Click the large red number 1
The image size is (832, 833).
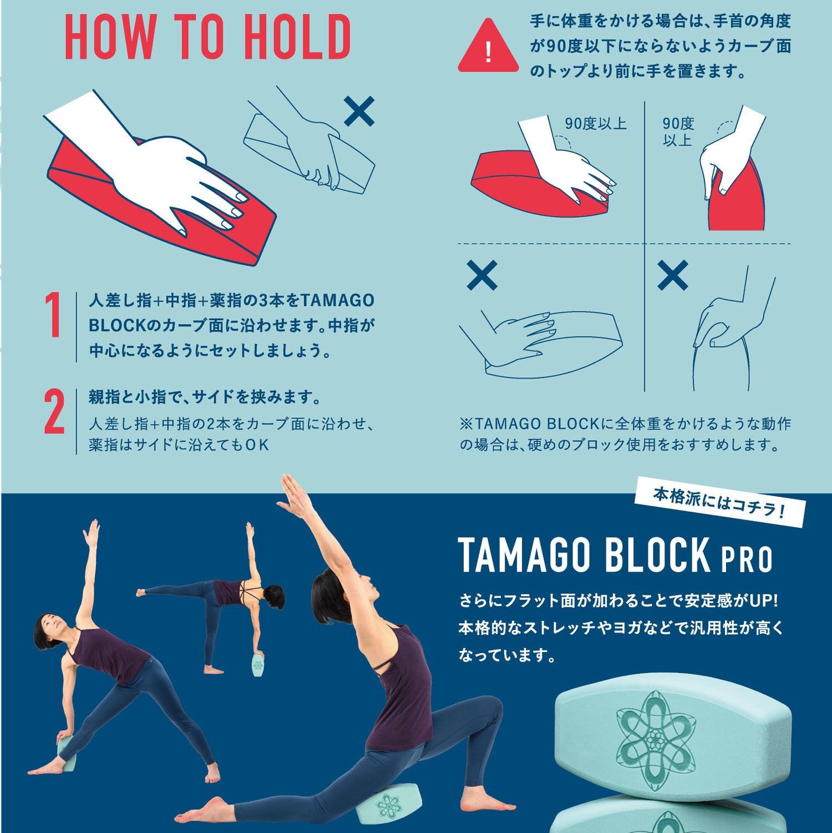coord(53,315)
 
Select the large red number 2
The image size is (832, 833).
coord(54,411)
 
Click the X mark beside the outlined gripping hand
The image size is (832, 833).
coord(359,111)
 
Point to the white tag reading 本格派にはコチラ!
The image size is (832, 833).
coord(719,502)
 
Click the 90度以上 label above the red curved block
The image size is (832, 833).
coord(596,124)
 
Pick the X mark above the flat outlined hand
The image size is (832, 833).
coord(482,275)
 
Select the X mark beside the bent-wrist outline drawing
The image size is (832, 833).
coord(672,275)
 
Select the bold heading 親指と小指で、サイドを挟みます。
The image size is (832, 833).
coord(205,397)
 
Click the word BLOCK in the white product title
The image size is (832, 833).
coord(657,555)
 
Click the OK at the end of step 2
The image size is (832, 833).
coord(257,445)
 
